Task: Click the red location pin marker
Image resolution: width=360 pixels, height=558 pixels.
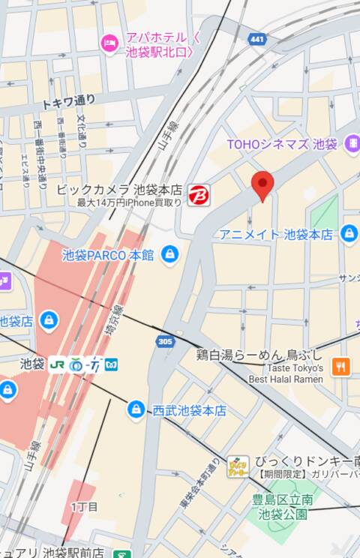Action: [x=262, y=184]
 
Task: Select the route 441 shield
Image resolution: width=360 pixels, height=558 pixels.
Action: [x=259, y=38]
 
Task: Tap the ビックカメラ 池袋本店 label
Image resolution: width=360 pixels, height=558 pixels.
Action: [x=119, y=190]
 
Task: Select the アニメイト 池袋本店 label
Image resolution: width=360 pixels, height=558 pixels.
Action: [x=275, y=235]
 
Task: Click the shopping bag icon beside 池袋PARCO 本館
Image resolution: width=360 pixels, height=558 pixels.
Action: [x=170, y=254]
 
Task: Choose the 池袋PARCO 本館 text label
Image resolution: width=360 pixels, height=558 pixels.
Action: [x=108, y=255]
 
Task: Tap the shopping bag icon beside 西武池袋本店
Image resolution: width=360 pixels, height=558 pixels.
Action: [x=136, y=409]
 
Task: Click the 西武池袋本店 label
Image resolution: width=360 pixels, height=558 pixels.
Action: [x=189, y=410]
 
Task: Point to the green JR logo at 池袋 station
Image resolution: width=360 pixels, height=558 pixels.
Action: [x=57, y=364]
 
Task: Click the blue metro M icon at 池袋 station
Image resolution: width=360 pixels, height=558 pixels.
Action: [x=111, y=364]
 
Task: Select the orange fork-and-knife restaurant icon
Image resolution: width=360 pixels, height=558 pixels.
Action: [x=341, y=367]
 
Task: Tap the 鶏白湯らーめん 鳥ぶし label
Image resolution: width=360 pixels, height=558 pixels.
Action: [x=259, y=354]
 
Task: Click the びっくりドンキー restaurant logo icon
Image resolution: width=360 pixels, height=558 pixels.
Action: [x=238, y=466]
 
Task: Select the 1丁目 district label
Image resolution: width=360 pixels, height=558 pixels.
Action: [x=84, y=507]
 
